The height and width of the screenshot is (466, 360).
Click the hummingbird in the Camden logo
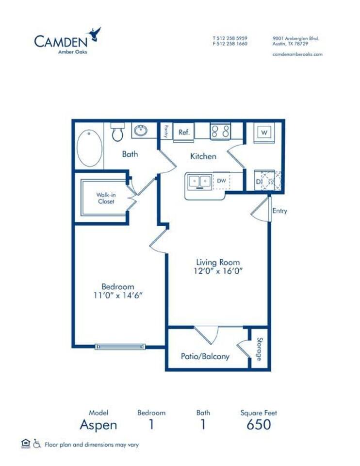95,34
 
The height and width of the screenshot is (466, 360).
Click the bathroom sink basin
141,131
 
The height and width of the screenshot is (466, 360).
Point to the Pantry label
165,131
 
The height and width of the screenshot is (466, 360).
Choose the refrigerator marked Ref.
183,132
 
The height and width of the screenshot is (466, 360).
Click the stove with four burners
220,131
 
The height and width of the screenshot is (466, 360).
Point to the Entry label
279,211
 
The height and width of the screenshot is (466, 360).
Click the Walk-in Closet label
105,198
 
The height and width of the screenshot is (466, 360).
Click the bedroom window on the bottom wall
120,346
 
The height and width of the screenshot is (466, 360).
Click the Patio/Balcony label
205,356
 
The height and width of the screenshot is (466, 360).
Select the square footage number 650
258,425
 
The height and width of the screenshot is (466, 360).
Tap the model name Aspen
98,425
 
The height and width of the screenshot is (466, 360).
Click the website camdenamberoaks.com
297,54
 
